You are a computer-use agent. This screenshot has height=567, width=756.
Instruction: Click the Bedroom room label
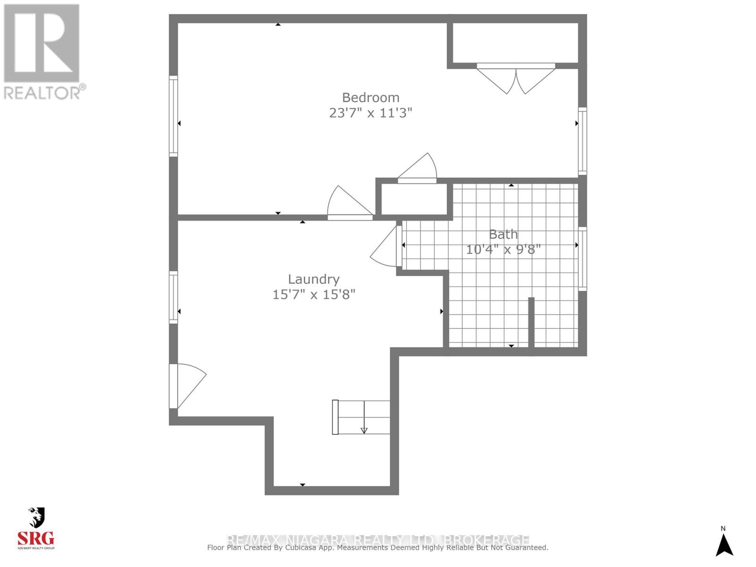(x=370, y=97)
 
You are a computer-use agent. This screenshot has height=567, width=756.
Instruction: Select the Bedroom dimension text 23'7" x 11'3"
(x=370, y=113)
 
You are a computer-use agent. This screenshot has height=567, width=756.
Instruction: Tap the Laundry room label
(x=314, y=279)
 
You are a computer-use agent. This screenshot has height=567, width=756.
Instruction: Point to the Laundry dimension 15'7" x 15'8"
(x=314, y=294)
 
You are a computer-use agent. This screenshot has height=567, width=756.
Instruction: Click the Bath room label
(x=503, y=234)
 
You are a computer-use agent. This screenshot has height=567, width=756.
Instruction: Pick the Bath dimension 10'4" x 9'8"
(x=503, y=249)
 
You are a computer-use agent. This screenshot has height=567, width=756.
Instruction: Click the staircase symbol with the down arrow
(x=362, y=417)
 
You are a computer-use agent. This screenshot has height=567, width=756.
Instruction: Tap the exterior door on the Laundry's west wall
(x=186, y=386)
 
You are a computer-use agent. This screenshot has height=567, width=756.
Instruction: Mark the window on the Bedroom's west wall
(x=173, y=116)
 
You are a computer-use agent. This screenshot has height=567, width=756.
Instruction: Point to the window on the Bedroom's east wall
(x=583, y=141)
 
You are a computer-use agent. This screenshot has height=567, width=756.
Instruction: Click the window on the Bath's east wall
(x=583, y=259)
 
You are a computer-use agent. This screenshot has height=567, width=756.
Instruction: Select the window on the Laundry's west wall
(x=173, y=297)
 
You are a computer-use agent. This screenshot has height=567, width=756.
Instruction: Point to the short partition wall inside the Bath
(x=531, y=323)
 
